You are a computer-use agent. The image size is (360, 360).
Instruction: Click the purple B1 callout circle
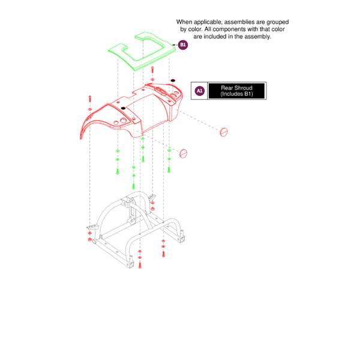(183, 44)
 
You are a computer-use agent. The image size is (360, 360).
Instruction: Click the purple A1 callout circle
(200, 91)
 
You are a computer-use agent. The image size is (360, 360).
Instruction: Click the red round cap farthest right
(226, 131)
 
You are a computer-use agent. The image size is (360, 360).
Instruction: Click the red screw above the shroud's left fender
(90, 98)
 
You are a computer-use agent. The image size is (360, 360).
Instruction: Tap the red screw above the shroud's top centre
(152, 70)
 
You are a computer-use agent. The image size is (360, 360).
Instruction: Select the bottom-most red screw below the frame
(139, 263)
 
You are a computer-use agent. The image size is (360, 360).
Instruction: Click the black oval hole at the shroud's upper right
(173, 80)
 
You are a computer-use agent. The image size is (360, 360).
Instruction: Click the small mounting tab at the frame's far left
(92, 227)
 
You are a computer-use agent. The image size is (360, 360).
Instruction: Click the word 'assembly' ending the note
(258, 37)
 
